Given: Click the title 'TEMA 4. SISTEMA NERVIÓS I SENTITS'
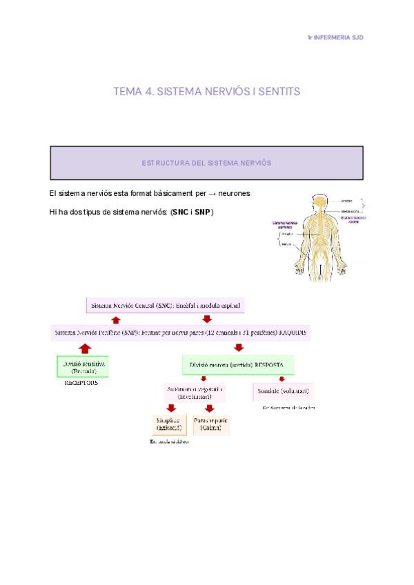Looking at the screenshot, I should pos(206,92).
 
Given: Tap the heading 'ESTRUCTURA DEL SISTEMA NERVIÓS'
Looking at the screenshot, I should pos(206,163).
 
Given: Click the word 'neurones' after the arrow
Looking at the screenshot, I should pos(233,194).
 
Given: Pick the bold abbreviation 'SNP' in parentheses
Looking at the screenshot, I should pos(202,212).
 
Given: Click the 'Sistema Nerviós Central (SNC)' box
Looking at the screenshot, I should pos(166,304).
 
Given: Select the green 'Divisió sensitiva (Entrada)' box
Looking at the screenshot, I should pos(85,366).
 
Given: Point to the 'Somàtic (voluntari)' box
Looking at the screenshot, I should pos(283,391).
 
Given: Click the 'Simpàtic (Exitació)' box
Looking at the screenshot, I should pos(168,424).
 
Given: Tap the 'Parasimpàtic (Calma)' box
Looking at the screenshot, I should pos(210,424).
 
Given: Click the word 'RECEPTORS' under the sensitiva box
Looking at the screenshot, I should pos(81,382).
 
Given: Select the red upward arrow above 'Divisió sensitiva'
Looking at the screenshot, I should pos(85,348).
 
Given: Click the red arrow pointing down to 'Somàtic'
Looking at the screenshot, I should pos(281,378).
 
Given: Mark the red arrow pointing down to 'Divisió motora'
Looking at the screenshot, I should pos(239,348).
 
